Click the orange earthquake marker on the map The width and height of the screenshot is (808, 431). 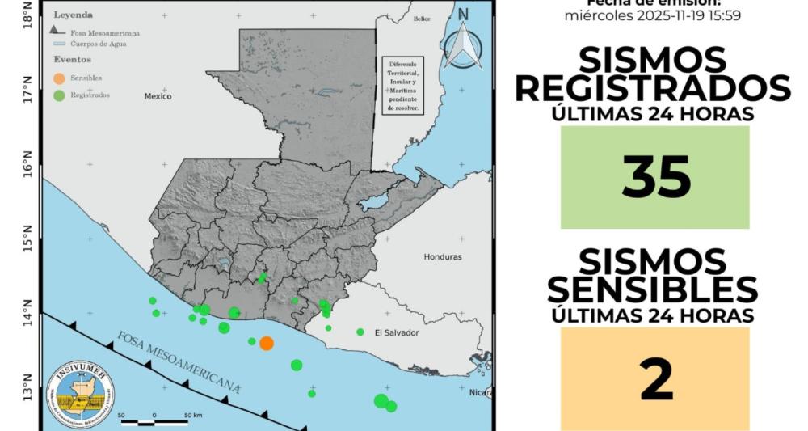[x=267, y=343]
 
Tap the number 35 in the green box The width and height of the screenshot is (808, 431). [x=655, y=177]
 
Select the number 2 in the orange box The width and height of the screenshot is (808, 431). [x=655, y=380]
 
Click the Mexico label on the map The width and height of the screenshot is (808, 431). [x=158, y=96]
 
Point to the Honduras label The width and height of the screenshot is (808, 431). [x=443, y=257]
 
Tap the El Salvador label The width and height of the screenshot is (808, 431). [x=397, y=332]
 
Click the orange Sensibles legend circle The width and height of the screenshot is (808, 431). [x=59, y=78]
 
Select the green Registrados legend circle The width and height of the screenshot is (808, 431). [x=59, y=95]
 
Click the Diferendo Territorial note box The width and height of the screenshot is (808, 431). [x=402, y=85]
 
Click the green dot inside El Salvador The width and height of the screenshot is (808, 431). [x=360, y=332]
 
